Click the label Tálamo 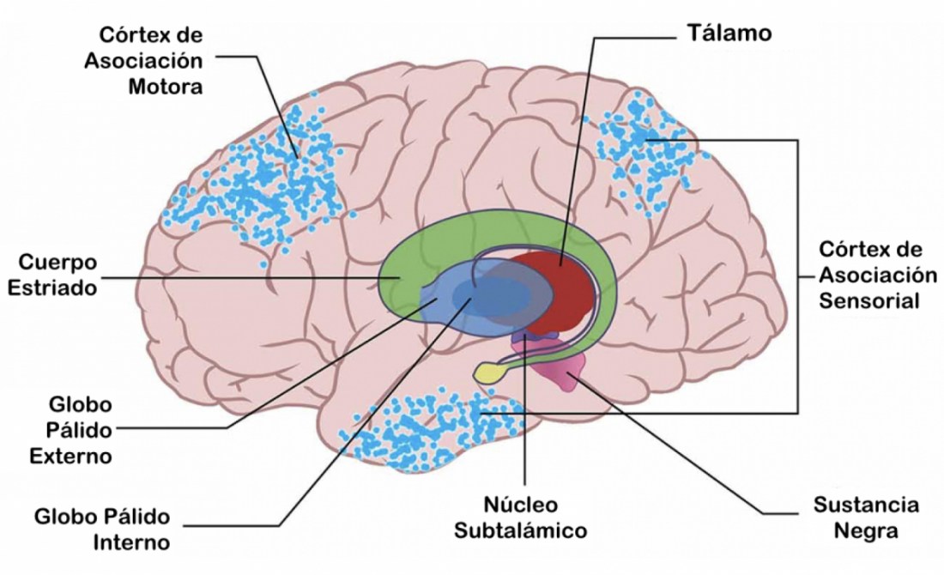(x=728, y=33)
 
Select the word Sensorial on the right (x=868, y=301)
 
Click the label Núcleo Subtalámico (x=521, y=517)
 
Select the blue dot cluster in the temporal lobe (x=412, y=429)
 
